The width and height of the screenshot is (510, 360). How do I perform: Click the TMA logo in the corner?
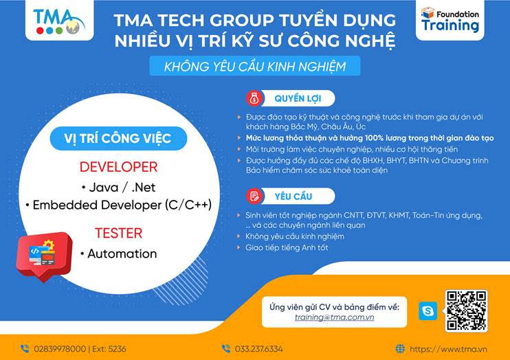click(59, 21)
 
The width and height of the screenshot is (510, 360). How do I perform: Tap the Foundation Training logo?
click(450, 20)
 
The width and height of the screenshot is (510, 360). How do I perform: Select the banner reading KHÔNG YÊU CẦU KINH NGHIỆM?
click(255, 67)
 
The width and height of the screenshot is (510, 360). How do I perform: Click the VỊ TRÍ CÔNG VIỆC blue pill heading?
click(118, 138)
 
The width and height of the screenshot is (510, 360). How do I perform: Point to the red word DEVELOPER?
click(118, 167)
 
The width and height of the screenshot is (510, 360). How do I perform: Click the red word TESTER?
click(119, 233)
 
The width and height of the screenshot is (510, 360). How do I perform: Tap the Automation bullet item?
click(119, 254)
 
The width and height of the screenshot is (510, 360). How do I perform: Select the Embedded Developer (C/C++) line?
click(119, 205)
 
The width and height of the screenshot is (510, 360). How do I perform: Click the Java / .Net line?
click(119, 188)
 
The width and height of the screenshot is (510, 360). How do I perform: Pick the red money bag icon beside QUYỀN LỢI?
click(254, 98)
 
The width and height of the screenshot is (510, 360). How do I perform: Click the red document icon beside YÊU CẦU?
click(254, 196)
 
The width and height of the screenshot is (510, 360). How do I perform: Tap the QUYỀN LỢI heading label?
click(298, 98)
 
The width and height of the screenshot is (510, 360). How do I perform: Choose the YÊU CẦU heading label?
click(293, 196)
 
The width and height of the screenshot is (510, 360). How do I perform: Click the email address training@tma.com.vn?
click(334, 317)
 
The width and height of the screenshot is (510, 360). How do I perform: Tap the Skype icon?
click(428, 311)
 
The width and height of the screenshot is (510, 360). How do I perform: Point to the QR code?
click(467, 311)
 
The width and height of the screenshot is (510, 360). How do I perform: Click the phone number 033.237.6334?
click(258, 349)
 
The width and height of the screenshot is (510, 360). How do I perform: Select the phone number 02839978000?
click(60, 349)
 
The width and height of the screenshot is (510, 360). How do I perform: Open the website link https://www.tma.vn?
click(448, 349)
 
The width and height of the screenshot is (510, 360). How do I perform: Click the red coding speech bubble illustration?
click(44, 256)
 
